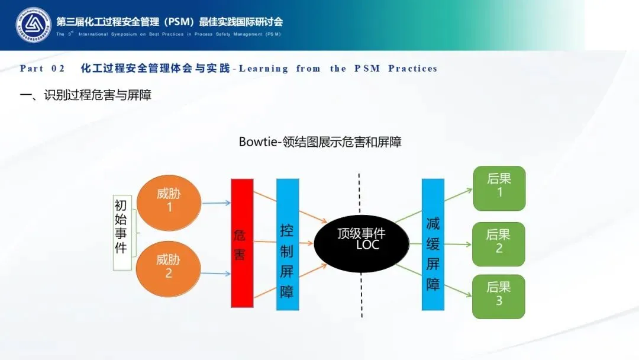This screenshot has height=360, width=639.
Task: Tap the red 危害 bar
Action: pyautogui.click(x=242, y=243)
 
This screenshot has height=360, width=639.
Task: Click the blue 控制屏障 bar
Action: pyautogui.click(x=288, y=244)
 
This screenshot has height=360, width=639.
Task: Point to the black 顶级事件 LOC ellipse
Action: pyautogui.click(x=361, y=243)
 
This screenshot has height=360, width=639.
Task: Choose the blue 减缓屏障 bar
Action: pyautogui.click(x=433, y=244)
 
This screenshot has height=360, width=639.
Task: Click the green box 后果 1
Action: pyautogui.click(x=499, y=188)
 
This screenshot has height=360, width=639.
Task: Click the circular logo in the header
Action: pyautogui.click(x=33, y=25)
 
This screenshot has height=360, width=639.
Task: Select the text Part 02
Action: pyautogui.click(x=42, y=69)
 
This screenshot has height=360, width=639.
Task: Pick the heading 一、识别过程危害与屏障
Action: pyautogui.click(x=86, y=95)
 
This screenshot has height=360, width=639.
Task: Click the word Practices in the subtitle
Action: pyautogui.click(x=412, y=69)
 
